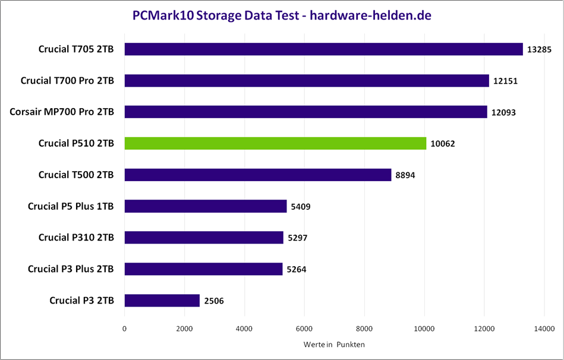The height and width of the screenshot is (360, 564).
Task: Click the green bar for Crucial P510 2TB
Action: pyautogui.click(x=275, y=143)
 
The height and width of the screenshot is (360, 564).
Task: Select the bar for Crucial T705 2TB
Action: pyautogui.click(x=323, y=49)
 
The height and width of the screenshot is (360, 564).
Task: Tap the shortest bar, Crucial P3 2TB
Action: pyautogui.click(x=162, y=301)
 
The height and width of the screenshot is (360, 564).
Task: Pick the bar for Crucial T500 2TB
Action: pyautogui.click(x=258, y=175)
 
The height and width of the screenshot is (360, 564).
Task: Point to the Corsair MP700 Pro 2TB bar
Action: pyautogui.click(x=305, y=112)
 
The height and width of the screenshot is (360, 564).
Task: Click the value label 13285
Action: pyautogui.click(x=540, y=49)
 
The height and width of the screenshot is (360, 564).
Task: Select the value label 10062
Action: pyautogui.click(x=443, y=143)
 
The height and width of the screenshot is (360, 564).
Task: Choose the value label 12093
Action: pyautogui.click(x=504, y=112)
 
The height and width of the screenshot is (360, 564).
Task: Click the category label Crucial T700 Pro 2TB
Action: pyautogui.click(x=67, y=80)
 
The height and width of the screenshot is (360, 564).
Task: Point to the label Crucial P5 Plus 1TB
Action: pyautogui.click(x=71, y=206)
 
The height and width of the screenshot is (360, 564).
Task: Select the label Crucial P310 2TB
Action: pyautogui.click(x=76, y=238)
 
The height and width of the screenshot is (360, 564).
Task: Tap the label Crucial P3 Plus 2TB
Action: pyautogui.click(x=71, y=269)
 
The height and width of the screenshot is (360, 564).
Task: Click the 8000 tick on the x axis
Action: pyautogui.click(x=364, y=329)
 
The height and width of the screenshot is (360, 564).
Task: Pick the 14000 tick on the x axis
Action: pyautogui.click(x=544, y=329)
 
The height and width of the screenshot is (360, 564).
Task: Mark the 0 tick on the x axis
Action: pyautogui.click(x=125, y=329)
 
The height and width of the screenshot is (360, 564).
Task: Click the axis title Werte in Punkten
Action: pyautogui.click(x=334, y=345)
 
